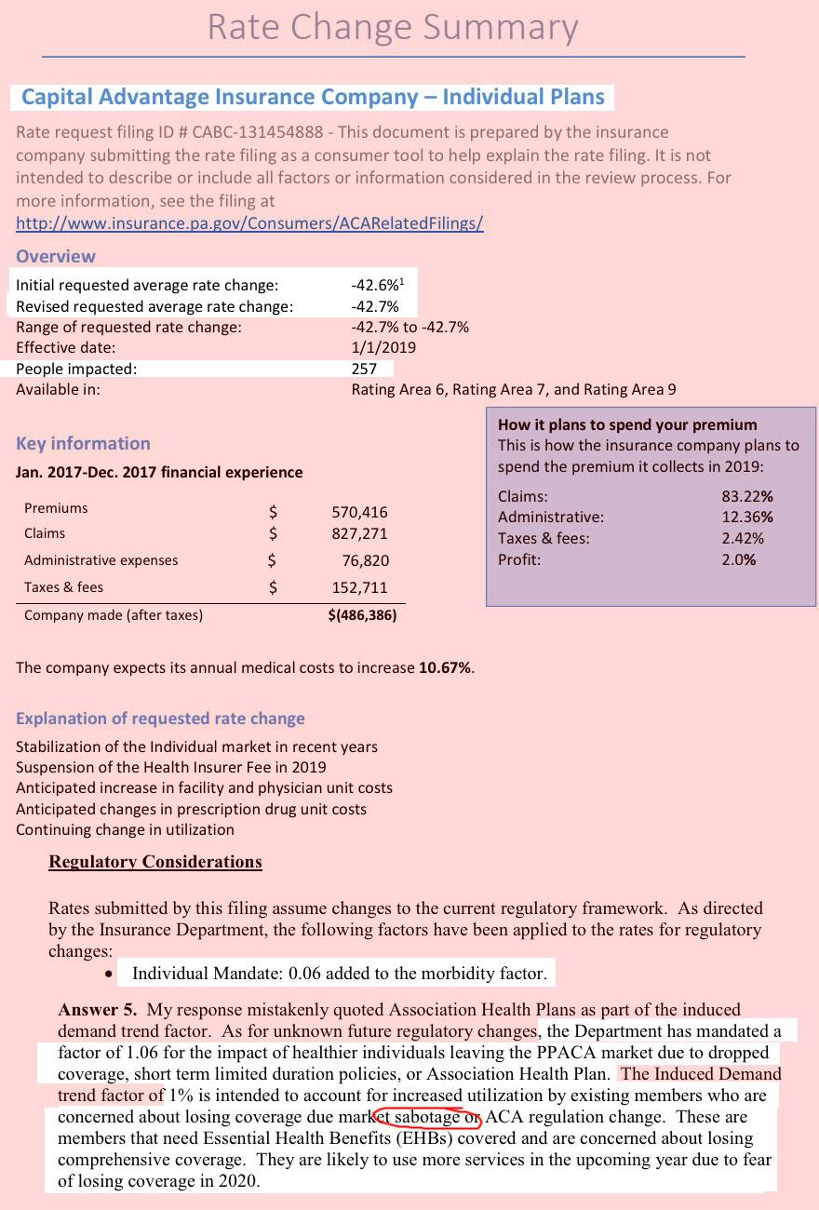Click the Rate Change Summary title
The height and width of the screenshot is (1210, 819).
click(x=393, y=28)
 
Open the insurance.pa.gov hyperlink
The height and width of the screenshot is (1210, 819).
click(x=249, y=223)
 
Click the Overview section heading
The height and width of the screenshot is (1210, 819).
click(x=56, y=256)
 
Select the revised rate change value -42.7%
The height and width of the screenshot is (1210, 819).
click(x=375, y=306)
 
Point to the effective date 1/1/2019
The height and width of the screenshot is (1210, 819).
click(x=383, y=347)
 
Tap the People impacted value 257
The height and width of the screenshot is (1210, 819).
click(x=364, y=369)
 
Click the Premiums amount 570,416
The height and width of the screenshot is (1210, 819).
click(x=360, y=512)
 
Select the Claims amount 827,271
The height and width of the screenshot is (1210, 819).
click(x=360, y=534)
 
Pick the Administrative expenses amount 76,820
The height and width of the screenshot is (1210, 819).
click(x=366, y=560)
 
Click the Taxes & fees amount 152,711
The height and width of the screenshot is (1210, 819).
click(x=360, y=587)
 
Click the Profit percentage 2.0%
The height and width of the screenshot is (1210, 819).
click(x=739, y=559)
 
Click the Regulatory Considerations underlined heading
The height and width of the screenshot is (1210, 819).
click(x=155, y=862)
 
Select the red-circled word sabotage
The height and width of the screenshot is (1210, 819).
click(x=426, y=1116)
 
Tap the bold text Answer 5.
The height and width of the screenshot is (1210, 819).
click(x=98, y=1010)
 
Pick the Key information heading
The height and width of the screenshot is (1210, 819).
click(x=83, y=443)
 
